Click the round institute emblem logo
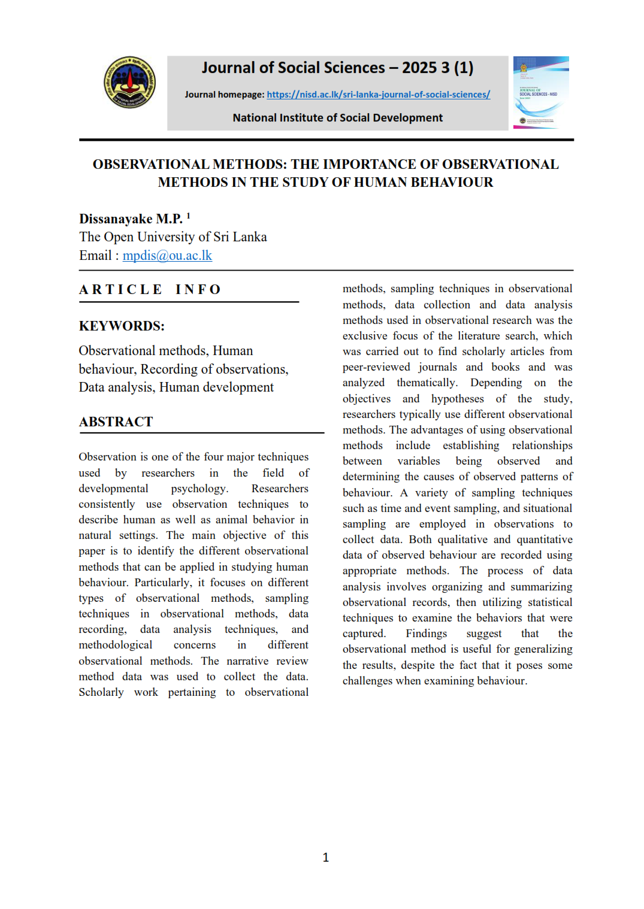click(x=129, y=83)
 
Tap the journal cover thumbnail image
click(x=541, y=93)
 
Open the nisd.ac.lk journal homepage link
click(x=378, y=95)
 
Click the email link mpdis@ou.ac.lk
click(x=167, y=256)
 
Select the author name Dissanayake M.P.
click(x=131, y=219)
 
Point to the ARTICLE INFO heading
click(x=150, y=290)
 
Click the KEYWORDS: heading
click(x=122, y=326)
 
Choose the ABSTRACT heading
click(x=116, y=422)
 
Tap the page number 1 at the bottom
click(x=325, y=858)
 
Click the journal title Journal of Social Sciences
click(x=293, y=68)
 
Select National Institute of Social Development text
click(x=337, y=118)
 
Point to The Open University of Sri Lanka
click(x=173, y=237)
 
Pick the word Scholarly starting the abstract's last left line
click(x=101, y=692)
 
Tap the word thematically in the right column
click(x=427, y=383)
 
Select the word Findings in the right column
click(x=426, y=634)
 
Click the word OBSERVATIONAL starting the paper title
click(x=151, y=164)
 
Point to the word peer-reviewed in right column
click(x=376, y=367)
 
